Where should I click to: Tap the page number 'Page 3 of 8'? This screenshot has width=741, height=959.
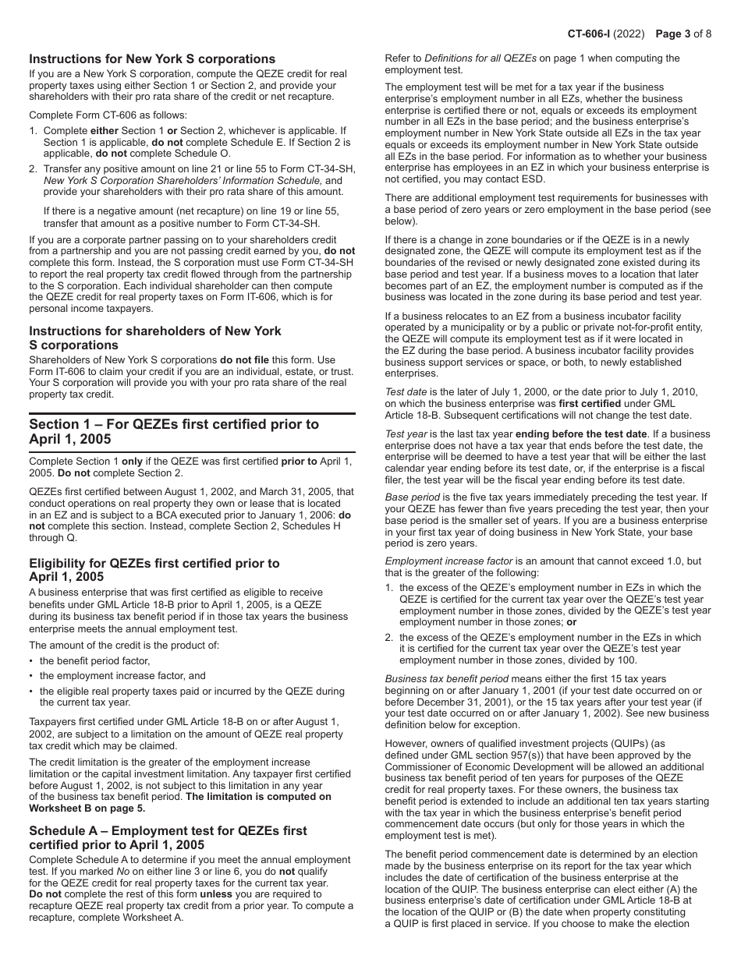tap(683, 34)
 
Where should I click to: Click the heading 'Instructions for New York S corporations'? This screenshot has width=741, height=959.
tap(152, 59)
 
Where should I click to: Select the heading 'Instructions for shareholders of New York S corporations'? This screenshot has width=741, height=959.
tap(155, 338)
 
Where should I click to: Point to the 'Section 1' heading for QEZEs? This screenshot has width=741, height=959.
tap(174, 431)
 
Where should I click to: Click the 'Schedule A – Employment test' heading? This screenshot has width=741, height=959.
tap(168, 837)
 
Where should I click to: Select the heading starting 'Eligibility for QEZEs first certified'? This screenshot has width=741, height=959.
tap(154, 569)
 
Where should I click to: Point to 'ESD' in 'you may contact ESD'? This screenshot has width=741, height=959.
tap(532, 179)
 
